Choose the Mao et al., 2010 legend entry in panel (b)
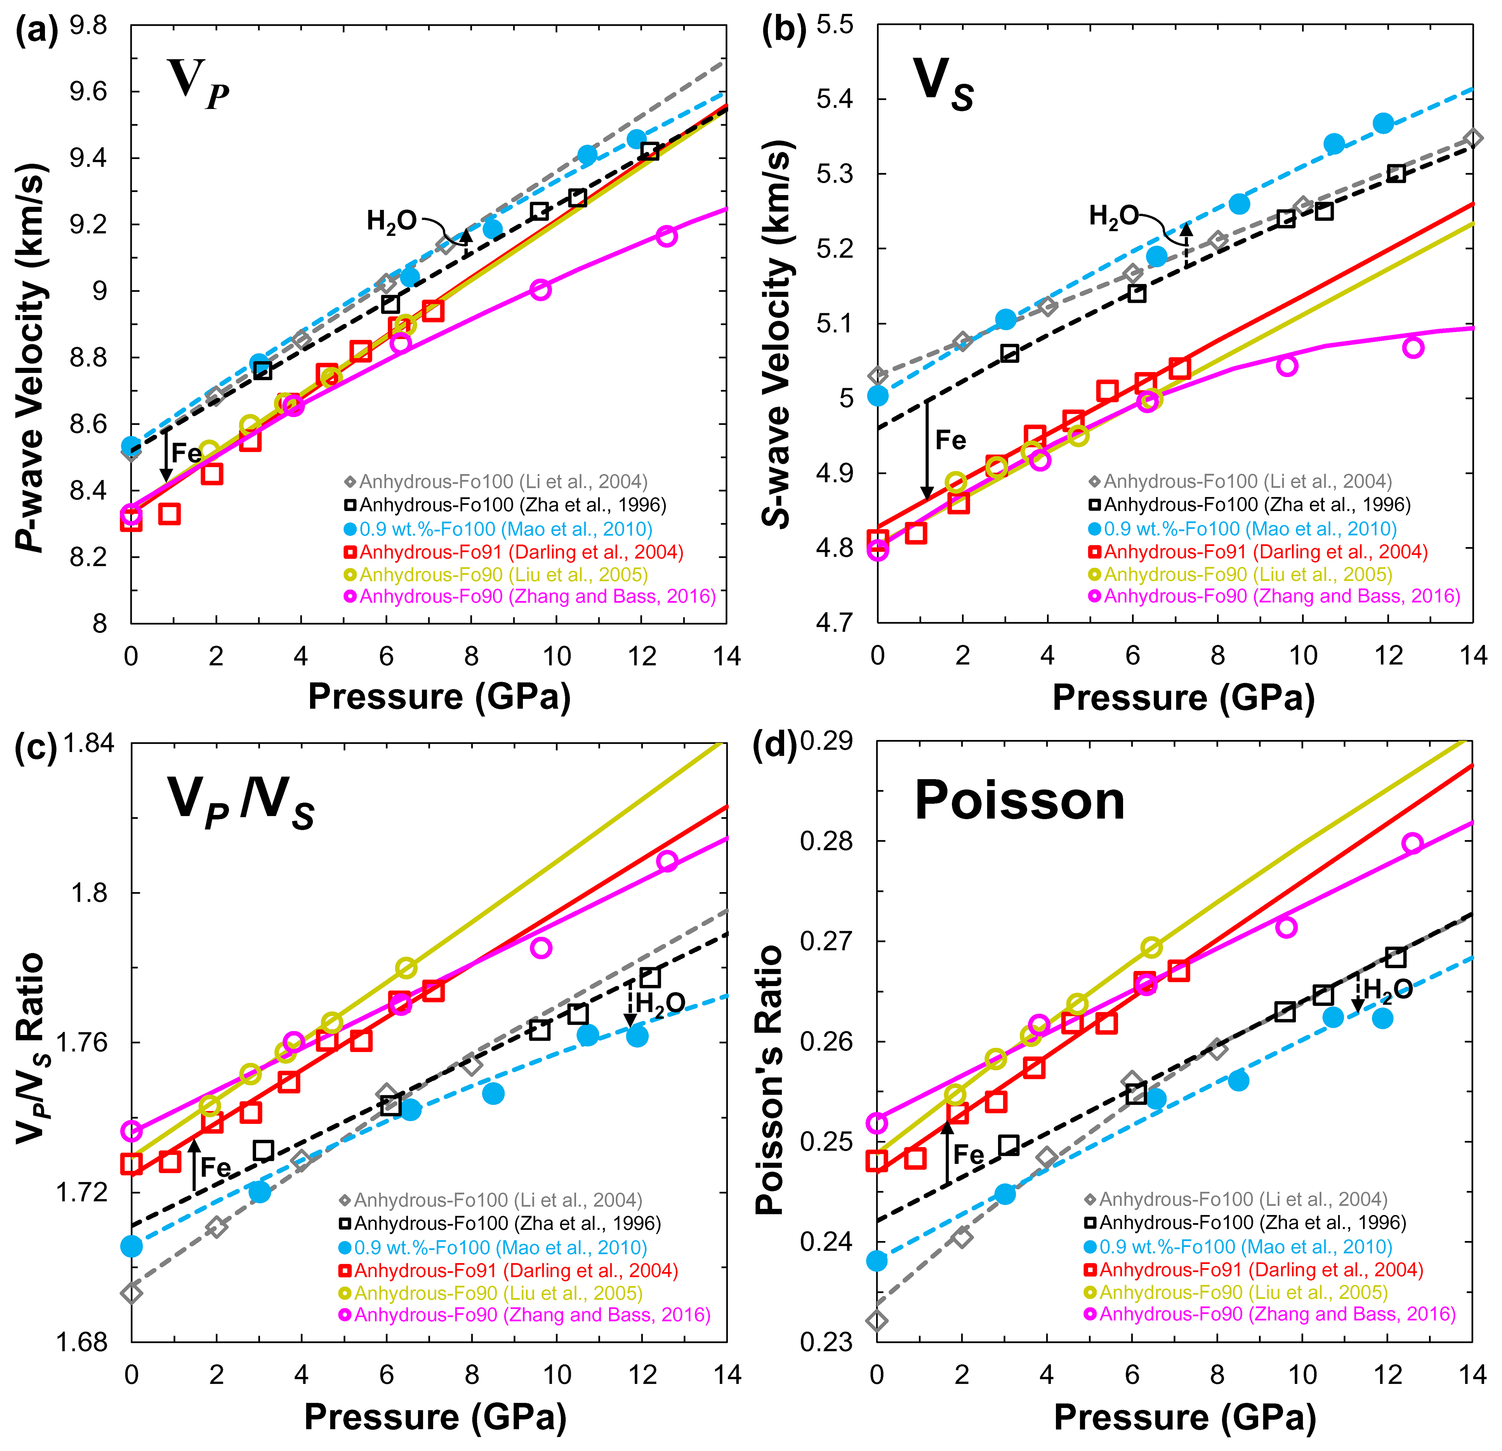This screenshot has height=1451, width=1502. tap(1243, 529)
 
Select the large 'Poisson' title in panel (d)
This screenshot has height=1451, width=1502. tap(1019, 801)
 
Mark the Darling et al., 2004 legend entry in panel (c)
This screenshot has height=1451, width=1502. tap(509, 1271)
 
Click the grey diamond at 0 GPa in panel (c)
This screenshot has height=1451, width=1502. tap(132, 1293)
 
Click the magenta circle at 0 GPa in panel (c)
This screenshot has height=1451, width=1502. tap(132, 1131)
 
